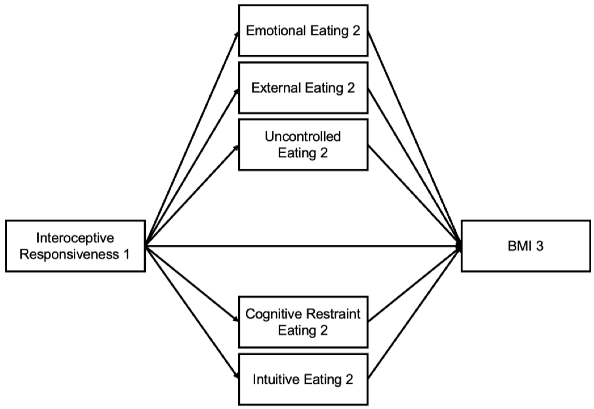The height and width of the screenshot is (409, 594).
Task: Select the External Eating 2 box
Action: [x=303, y=88]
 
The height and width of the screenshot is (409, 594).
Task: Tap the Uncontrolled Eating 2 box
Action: [x=303, y=145]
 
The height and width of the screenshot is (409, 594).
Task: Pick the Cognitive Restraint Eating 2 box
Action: [x=303, y=322]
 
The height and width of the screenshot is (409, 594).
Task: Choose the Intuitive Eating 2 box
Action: [x=303, y=380]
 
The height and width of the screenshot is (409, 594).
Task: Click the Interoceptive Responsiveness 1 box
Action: [x=75, y=246]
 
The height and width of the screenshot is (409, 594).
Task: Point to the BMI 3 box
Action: [x=526, y=246]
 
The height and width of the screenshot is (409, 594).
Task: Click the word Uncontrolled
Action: [x=303, y=137]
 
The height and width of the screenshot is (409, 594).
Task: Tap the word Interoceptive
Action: [x=75, y=238]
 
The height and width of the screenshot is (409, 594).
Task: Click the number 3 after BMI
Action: [x=539, y=246]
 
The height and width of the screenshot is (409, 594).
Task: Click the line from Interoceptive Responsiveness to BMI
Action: [x=303, y=246]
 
